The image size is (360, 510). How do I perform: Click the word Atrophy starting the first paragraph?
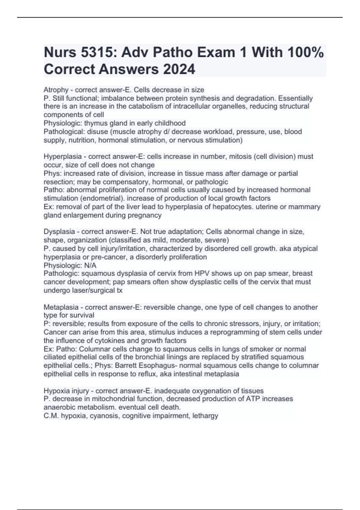tap(56, 90)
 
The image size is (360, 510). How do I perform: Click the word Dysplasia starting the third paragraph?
tap(59, 232)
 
